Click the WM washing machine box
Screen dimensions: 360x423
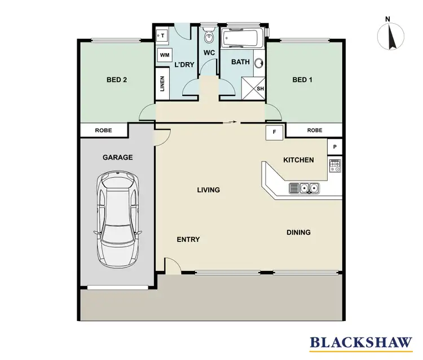coord(165,55)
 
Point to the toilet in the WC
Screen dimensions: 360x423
coord(209,37)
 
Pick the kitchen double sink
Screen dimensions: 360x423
coord(304,188)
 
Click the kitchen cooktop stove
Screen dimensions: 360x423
coord(335,166)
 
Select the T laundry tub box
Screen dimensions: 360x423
coord(163,35)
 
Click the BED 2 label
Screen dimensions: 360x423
coord(117,80)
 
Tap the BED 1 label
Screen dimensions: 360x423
coord(302,80)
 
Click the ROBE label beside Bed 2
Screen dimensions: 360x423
coord(103,130)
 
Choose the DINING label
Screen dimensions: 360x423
coord(298,232)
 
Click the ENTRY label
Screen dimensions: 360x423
coord(188,239)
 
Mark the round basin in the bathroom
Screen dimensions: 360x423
coord(259,64)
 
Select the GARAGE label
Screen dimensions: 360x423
coord(117,157)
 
